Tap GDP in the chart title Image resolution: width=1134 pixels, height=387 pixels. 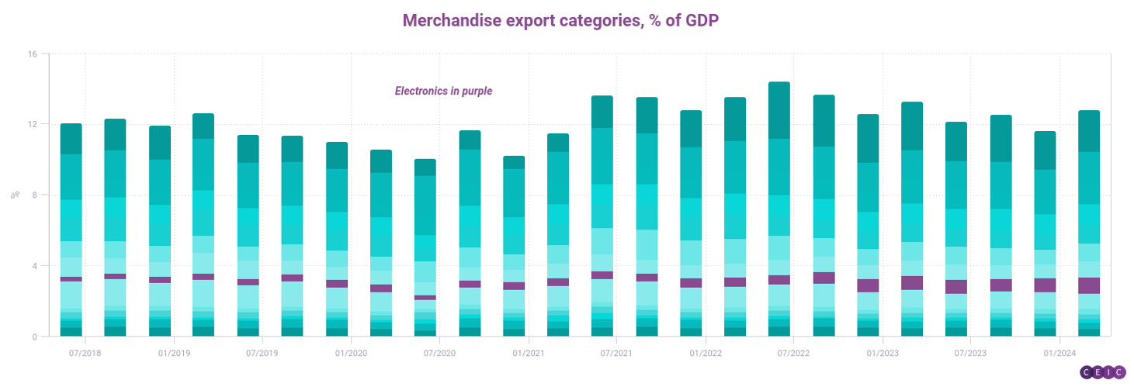coord(702,21)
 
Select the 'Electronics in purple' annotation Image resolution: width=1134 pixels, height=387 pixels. coord(443,91)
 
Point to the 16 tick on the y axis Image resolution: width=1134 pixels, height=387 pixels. coord(33,54)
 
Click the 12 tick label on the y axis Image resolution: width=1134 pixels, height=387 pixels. coord(33,124)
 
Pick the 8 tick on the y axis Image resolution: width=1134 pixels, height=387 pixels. coord(34,195)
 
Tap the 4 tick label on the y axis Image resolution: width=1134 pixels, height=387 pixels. coord(34,266)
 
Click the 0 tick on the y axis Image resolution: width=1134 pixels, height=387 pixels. coord(34,337)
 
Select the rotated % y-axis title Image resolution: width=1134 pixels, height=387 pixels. coord(16,195)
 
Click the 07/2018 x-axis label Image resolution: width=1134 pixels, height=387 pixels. coord(85,353)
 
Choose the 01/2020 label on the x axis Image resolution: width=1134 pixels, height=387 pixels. coord(351,353)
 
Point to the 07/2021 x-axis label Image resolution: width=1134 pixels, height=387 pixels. coord(616,353)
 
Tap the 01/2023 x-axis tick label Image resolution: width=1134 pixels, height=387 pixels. coord(883,353)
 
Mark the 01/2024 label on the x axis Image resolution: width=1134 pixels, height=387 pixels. coord(1059,353)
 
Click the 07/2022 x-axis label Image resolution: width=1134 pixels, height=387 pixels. coord(793,353)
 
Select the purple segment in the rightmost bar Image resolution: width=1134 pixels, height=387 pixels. coord(1089,286)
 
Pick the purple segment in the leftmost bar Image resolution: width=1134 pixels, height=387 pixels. coord(71,279)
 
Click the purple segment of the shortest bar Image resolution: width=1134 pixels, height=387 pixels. coord(425,298)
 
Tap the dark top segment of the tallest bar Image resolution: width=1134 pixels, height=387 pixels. coord(779,110)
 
